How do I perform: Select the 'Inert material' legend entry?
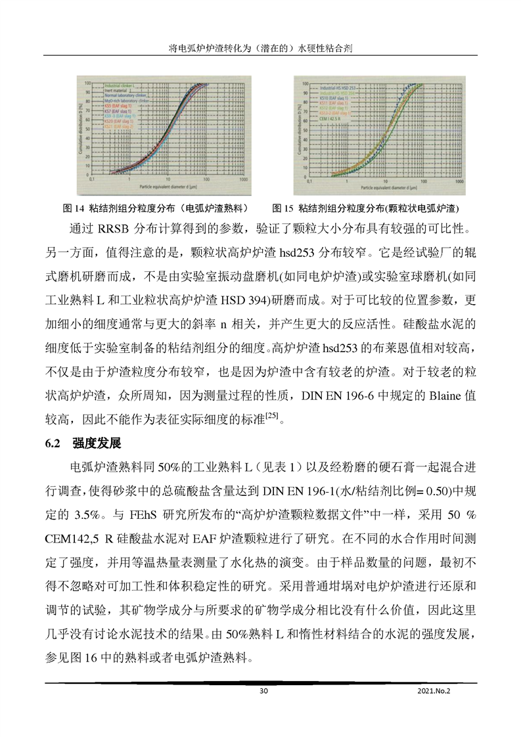click(113, 91)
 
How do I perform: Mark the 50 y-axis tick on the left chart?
click(85, 129)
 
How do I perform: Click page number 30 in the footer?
click(264, 691)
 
